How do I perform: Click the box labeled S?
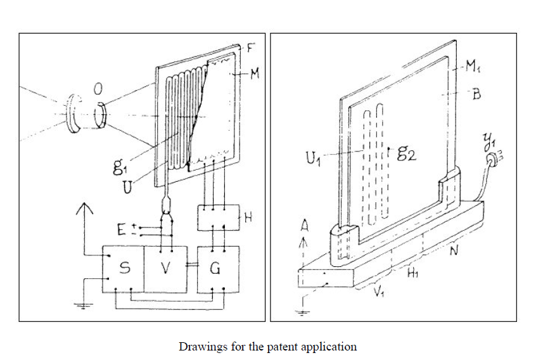click(x=123, y=269)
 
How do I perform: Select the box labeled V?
click(x=165, y=269)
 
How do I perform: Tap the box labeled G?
click(x=218, y=269)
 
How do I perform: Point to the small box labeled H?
click(x=219, y=217)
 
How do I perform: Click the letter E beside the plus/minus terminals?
click(x=121, y=229)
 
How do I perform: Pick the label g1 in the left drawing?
click(x=118, y=166)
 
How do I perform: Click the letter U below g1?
click(x=127, y=187)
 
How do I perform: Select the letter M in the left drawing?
click(x=255, y=74)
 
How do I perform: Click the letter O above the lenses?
click(x=98, y=89)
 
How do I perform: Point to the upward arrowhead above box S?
click(x=84, y=209)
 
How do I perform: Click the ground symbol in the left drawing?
click(x=84, y=305)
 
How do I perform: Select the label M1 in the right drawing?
click(x=473, y=66)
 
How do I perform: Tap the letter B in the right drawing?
click(x=477, y=94)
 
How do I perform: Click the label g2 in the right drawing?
click(x=407, y=153)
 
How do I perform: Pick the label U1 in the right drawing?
click(x=313, y=158)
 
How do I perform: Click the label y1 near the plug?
click(x=490, y=142)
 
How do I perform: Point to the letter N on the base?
click(x=454, y=250)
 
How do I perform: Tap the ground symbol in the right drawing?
click(x=303, y=312)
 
